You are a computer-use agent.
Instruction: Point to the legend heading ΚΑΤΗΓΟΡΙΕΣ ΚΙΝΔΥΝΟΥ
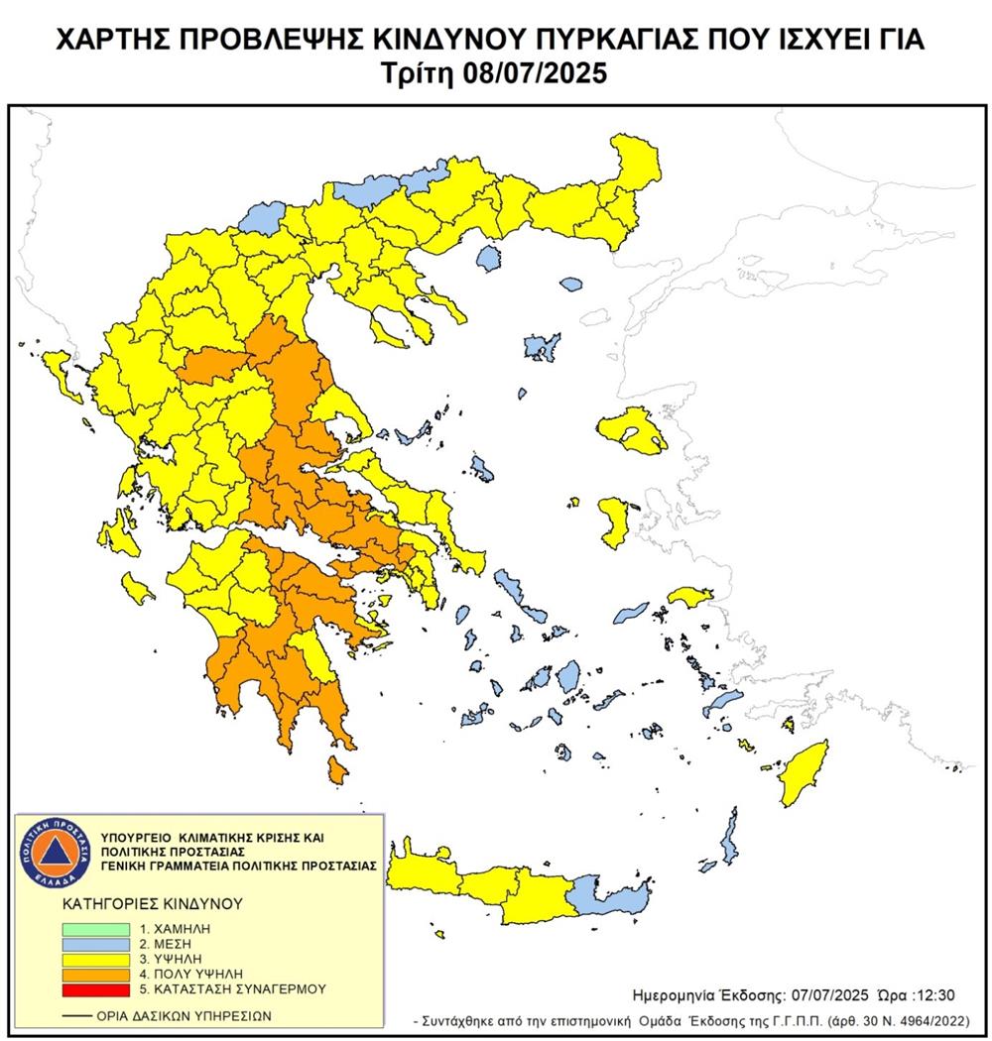pyautogui.click(x=138, y=904)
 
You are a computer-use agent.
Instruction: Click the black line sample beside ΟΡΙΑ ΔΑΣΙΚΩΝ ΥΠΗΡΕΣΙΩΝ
pyautogui.click(x=73, y=1016)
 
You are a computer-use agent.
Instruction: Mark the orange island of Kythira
pyautogui.click(x=337, y=768)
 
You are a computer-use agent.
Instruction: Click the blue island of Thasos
pyautogui.click(x=487, y=260)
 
